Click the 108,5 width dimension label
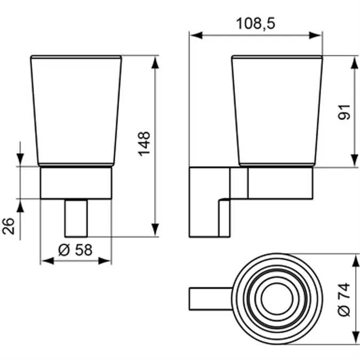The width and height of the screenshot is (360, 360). coord(255,23)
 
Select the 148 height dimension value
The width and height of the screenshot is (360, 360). coord(144,144)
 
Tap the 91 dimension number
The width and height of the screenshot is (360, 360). coord(344,112)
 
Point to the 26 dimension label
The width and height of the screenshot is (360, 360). coord(9,226)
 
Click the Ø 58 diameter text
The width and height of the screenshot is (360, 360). coord(75,250)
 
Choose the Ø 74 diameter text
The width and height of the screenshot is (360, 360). coord(344,300)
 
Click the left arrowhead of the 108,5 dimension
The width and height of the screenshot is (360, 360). coord(196,35)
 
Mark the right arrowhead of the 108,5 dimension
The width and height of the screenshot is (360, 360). coord(315,35)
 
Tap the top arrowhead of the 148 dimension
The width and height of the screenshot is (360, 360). coord(155,63)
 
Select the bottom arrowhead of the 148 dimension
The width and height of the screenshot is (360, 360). coord(155,229)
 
